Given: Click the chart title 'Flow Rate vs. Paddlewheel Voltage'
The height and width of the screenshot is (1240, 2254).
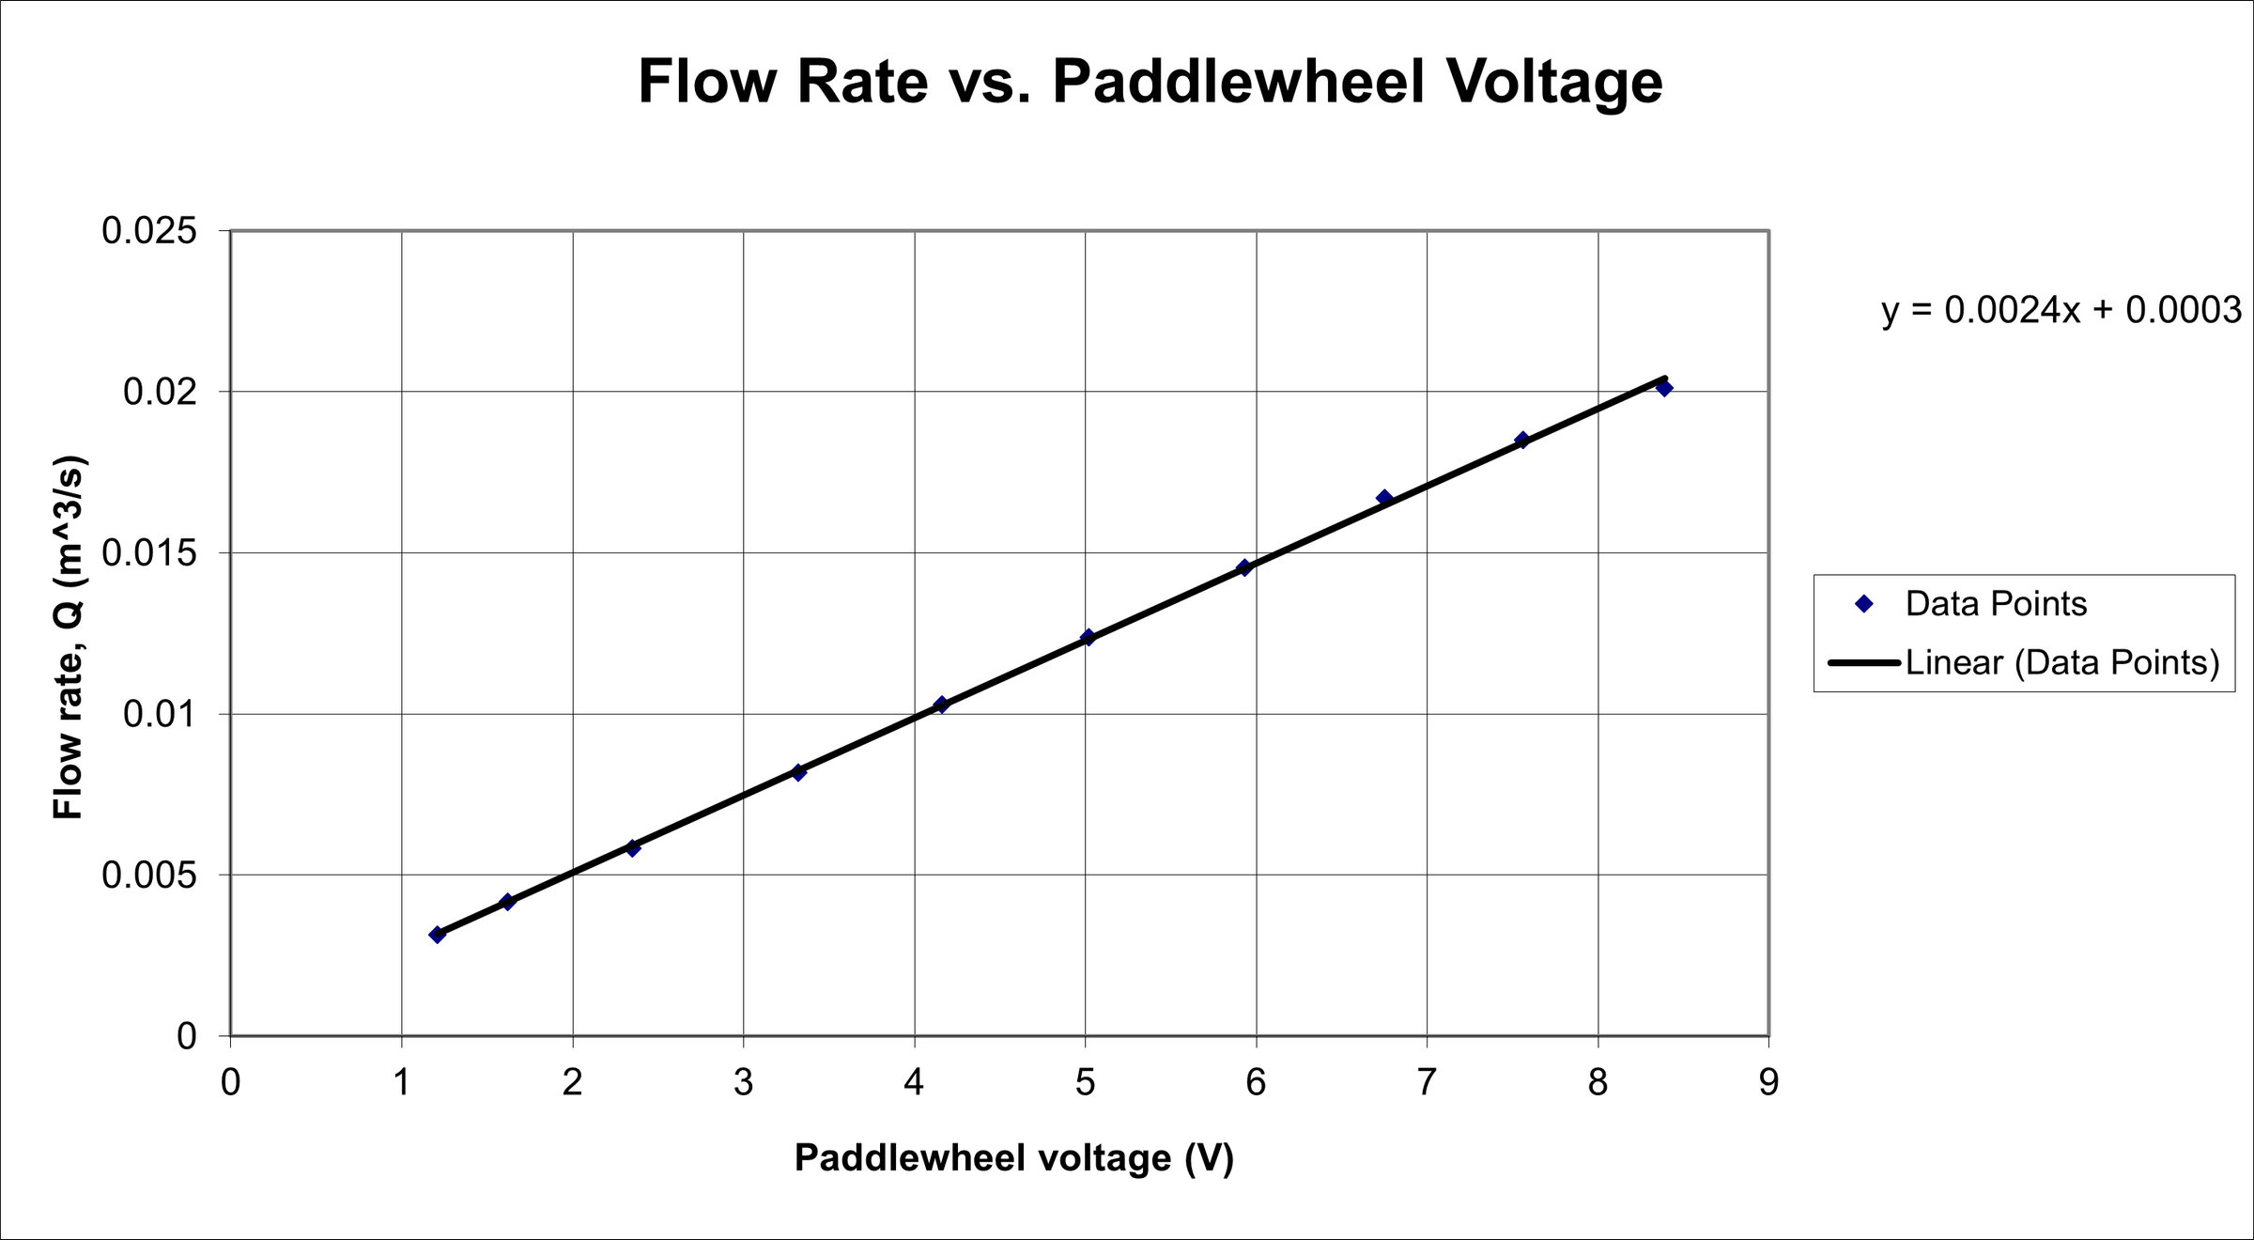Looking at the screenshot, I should (1150, 82).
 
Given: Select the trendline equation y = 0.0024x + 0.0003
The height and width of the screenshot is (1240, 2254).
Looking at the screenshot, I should (2061, 310).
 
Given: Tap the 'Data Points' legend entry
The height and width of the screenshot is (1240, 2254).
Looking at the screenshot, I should (1995, 604).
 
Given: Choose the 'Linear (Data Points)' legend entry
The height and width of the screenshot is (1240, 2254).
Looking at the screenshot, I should (2061, 663).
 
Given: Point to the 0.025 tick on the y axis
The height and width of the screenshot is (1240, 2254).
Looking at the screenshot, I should (149, 231).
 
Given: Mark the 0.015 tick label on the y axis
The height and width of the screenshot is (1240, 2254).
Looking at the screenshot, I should (149, 553).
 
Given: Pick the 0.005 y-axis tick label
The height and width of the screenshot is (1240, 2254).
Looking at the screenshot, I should (149, 876).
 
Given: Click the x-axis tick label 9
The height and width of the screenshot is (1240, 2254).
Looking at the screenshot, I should (1768, 1083).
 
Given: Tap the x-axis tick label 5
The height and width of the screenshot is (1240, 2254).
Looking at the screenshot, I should (1085, 1083).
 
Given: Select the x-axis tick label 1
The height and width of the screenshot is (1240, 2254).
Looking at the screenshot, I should (402, 1083).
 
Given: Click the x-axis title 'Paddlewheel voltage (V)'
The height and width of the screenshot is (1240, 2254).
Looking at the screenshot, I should (1013, 1158).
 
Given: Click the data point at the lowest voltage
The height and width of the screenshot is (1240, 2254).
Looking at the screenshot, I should (437, 935).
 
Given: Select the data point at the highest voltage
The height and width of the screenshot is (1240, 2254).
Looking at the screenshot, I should (1664, 388).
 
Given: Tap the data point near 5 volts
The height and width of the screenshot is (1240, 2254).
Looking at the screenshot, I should (1088, 638).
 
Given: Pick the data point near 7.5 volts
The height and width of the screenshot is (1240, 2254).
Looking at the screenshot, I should (1522, 441).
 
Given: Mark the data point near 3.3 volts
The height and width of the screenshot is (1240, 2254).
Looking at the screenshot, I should (798, 772).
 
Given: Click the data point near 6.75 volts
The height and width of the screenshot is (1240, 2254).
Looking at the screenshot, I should (1384, 498).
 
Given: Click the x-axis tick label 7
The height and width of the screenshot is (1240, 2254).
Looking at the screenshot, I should (1427, 1083).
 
